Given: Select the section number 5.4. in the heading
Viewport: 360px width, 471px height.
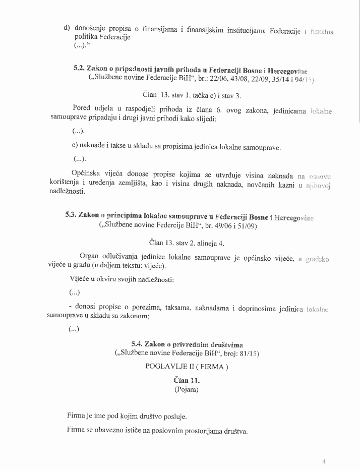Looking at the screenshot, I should [x=137, y=344].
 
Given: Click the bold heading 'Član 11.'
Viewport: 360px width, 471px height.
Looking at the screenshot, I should [x=186, y=381].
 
